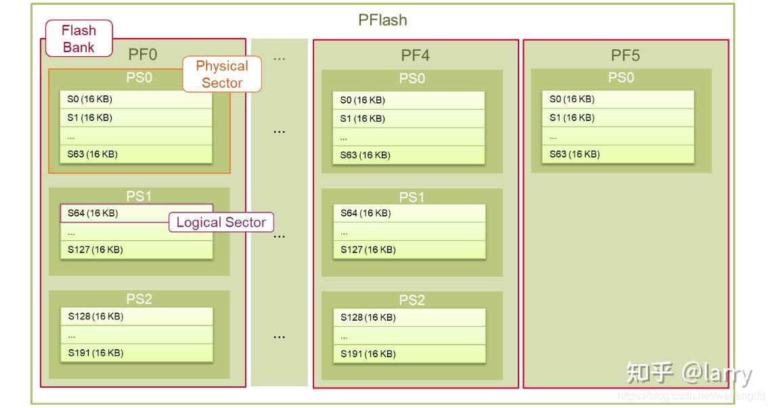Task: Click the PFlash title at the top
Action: (382, 20)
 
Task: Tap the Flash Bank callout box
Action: (79, 39)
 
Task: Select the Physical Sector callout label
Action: (221, 74)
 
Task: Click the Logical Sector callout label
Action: (221, 222)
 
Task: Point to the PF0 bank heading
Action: (143, 55)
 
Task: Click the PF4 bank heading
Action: (415, 55)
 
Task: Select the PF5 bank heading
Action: (625, 55)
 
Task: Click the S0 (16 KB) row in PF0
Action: (135, 99)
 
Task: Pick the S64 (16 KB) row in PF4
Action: (409, 213)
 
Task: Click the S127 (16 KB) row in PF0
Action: (135, 250)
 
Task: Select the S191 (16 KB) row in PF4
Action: (409, 354)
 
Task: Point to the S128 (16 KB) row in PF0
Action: (135, 316)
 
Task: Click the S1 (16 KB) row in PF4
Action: (409, 118)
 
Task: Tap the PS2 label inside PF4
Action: (412, 300)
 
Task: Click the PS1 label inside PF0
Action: (139, 196)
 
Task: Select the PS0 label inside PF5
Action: (621, 78)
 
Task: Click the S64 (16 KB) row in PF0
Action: (135, 213)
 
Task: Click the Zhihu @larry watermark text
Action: (688, 373)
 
